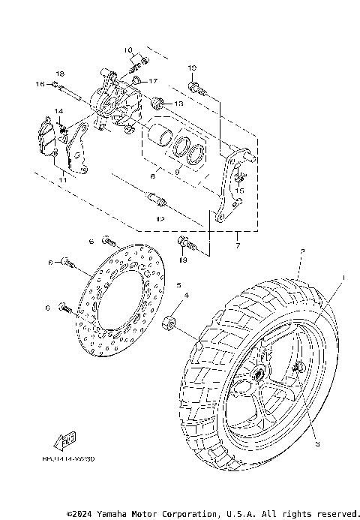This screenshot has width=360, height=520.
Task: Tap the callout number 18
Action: pyautogui.click(x=60, y=73)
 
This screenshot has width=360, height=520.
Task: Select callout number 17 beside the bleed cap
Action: pyautogui.click(x=152, y=81)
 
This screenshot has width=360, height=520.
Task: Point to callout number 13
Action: pyautogui.click(x=178, y=103)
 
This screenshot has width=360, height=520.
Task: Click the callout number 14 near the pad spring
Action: pyautogui.click(x=58, y=112)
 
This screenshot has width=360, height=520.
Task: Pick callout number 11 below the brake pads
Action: pyautogui.click(x=62, y=181)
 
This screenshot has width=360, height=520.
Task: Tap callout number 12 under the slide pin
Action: pyautogui.click(x=160, y=219)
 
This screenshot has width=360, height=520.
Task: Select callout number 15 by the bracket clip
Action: pyautogui.click(x=240, y=191)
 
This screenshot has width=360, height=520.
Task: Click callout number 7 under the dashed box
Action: pyautogui.click(x=237, y=245)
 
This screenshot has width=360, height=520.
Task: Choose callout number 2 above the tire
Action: pyautogui.click(x=301, y=251)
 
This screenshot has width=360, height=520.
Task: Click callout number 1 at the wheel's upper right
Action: pyautogui.click(x=343, y=277)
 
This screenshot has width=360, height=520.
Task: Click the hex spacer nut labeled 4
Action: pyautogui.click(x=170, y=324)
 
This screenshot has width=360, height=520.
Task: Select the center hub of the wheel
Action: pyautogui.click(x=259, y=373)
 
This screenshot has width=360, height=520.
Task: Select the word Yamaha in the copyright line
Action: pyautogui.click(x=112, y=514)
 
